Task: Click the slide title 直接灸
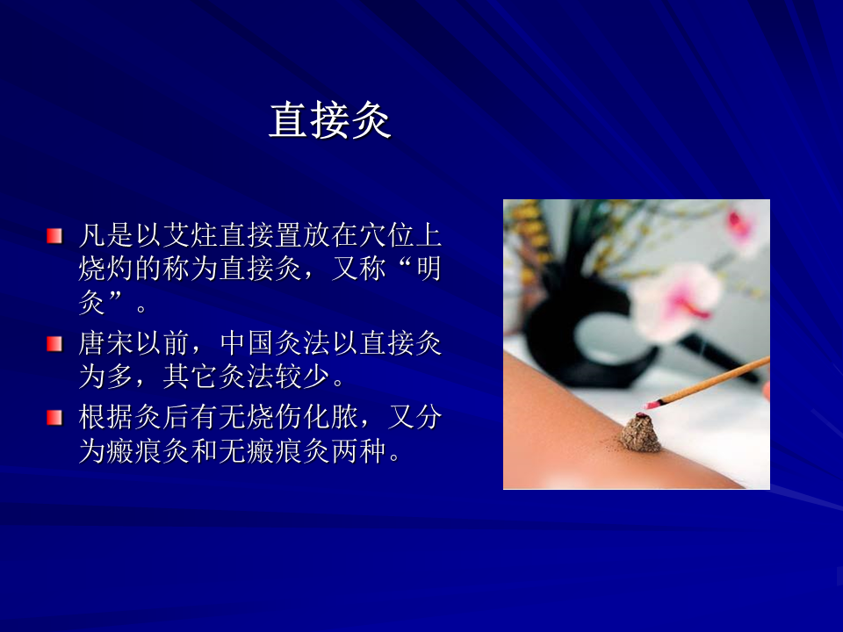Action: click(329, 120)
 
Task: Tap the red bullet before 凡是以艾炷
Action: click(54, 236)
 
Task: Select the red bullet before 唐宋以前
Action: click(54, 344)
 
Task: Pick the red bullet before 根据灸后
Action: click(54, 418)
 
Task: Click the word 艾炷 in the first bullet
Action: click(190, 235)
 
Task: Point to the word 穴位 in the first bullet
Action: click(386, 235)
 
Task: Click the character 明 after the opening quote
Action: click(428, 269)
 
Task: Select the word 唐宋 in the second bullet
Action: click(106, 343)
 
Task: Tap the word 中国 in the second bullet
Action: click(246, 343)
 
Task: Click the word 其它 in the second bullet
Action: click(190, 377)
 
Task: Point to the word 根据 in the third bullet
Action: click(106, 417)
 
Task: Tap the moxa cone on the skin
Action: click(641, 433)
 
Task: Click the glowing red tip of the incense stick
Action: click(651, 404)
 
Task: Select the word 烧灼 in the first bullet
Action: click(106, 269)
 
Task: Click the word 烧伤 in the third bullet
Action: click(274, 417)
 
